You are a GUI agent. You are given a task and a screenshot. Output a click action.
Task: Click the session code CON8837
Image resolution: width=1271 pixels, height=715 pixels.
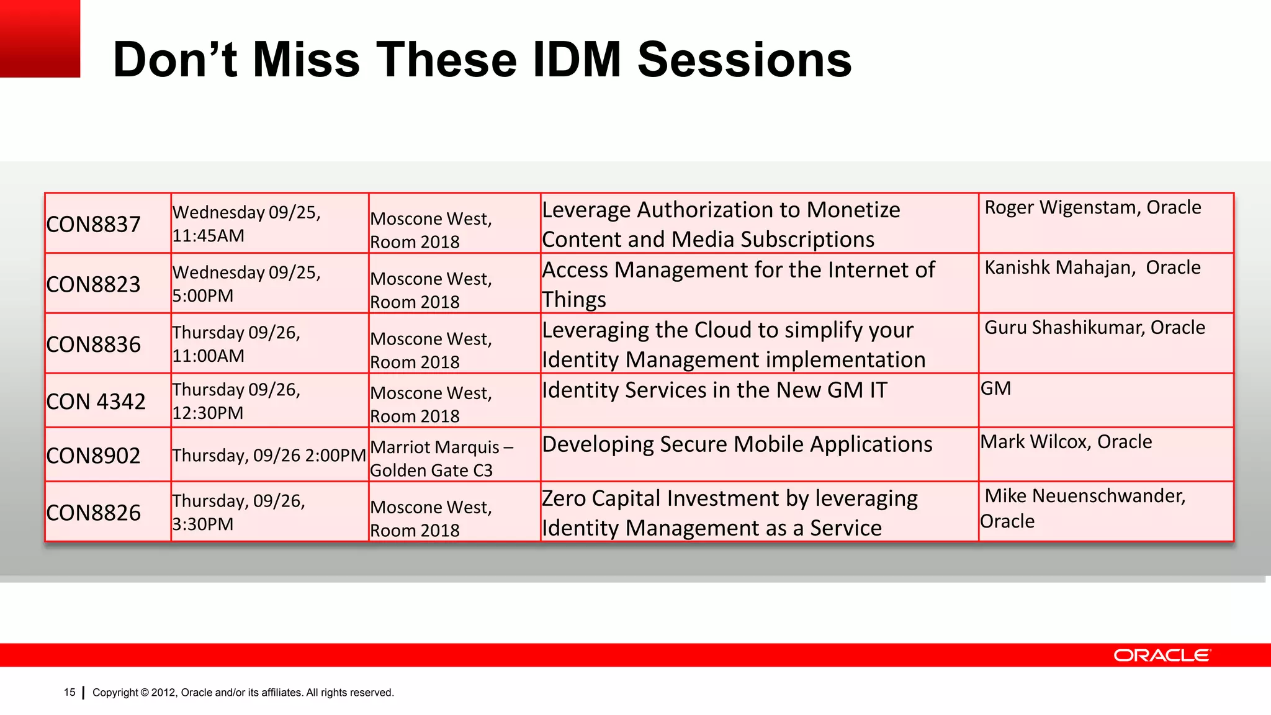click(x=94, y=224)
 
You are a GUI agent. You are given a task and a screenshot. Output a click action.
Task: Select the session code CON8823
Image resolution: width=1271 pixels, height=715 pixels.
click(x=94, y=284)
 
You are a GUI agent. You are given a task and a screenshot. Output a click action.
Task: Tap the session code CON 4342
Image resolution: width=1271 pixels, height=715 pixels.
click(x=96, y=402)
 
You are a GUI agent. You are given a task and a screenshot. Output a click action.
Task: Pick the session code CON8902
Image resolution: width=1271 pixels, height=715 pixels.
click(x=94, y=456)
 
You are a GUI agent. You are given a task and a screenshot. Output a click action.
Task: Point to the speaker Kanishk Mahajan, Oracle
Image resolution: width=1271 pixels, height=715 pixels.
click(x=1092, y=268)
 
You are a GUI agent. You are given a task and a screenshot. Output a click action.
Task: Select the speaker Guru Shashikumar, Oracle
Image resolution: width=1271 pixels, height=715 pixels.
click(x=1094, y=328)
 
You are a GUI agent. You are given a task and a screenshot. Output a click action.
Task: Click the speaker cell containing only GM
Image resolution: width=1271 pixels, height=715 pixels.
click(x=995, y=389)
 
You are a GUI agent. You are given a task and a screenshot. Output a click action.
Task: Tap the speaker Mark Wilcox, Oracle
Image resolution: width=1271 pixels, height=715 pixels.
click(x=1066, y=442)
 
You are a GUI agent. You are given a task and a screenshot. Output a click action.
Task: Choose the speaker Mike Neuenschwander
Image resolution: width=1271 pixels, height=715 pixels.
click(x=1085, y=496)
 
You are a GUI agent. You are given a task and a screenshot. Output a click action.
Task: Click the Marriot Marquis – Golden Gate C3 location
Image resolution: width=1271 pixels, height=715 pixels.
click(x=441, y=459)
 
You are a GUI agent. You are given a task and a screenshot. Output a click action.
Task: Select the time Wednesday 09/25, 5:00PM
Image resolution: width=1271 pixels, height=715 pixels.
click(x=246, y=284)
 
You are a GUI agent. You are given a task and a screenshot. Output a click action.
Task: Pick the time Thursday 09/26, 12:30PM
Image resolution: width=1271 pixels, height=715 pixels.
click(x=236, y=401)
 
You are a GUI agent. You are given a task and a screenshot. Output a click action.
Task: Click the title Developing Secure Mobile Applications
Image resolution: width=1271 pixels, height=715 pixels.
click(x=737, y=444)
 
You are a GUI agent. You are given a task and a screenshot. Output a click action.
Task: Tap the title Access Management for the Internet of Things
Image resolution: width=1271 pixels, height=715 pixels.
click(x=737, y=284)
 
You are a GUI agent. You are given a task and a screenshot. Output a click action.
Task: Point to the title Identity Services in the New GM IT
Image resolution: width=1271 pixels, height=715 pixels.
click(x=714, y=390)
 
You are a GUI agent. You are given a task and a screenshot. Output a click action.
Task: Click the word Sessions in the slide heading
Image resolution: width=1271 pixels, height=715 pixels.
click(x=744, y=60)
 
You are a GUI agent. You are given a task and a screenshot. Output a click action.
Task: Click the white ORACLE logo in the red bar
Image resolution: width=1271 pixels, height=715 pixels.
click(x=1161, y=655)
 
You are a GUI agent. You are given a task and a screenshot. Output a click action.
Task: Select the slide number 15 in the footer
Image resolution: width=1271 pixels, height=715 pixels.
click(x=70, y=692)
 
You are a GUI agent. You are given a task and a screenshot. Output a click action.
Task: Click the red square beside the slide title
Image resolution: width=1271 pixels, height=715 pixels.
click(x=40, y=38)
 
